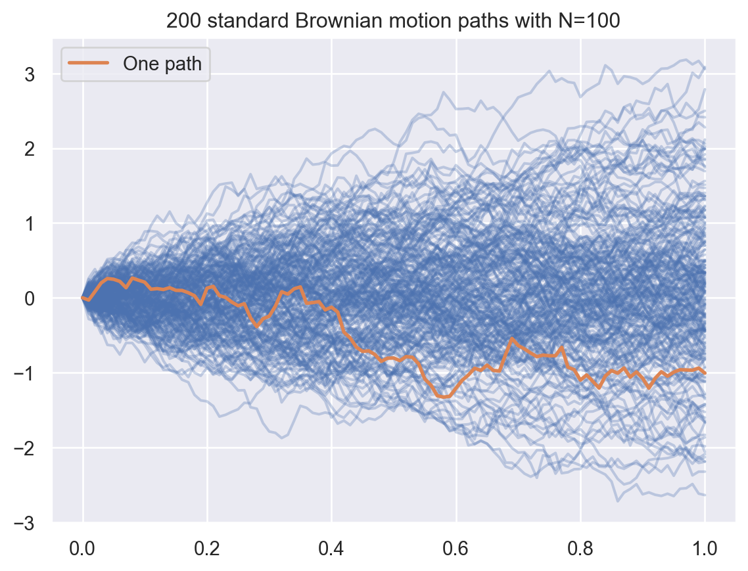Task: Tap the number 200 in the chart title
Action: pyautogui.click(x=180, y=22)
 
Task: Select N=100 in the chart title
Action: pyautogui.click(x=592, y=22)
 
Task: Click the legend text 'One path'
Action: pyautogui.click(x=162, y=63)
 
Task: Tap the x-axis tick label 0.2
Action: pyautogui.click(x=207, y=547)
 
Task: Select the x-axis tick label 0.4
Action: pyautogui.click(x=331, y=547)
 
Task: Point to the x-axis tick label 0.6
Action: pyautogui.click(x=456, y=547)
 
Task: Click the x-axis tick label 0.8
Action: pyautogui.click(x=580, y=547)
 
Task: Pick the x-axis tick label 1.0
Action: pyautogui.click(x=705, y=547)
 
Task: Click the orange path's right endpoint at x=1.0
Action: pyautogui.click(x=705, y=373)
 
